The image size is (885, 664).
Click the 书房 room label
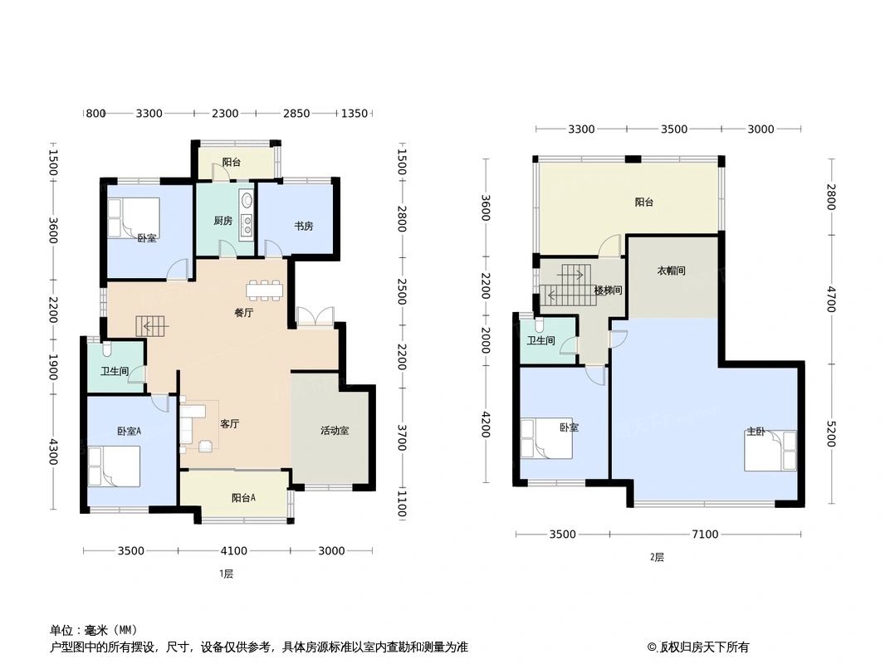coord(302,226)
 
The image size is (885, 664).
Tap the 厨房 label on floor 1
coord(222,221)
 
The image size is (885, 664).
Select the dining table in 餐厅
coord(264,289)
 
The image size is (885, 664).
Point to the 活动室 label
coord(335,431)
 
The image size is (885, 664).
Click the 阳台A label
coord(243,498)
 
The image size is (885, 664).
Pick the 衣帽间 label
coord(671,271)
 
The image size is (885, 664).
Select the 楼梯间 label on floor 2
coord(608,290)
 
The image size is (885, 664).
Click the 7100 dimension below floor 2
coord(705,535)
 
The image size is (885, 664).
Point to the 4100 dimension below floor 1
coord(234,550)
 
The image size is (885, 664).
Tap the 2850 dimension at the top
coord(296,114)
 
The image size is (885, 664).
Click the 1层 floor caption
coord(226,574)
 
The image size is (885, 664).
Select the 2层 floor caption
coord(657,557)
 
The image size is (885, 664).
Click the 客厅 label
coord(229,423)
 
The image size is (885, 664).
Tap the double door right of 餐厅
coord(315,316)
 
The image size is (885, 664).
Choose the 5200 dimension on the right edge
coord(830,434)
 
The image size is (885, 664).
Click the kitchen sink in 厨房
coord(247,202)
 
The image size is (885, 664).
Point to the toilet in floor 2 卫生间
coord(540,325)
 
